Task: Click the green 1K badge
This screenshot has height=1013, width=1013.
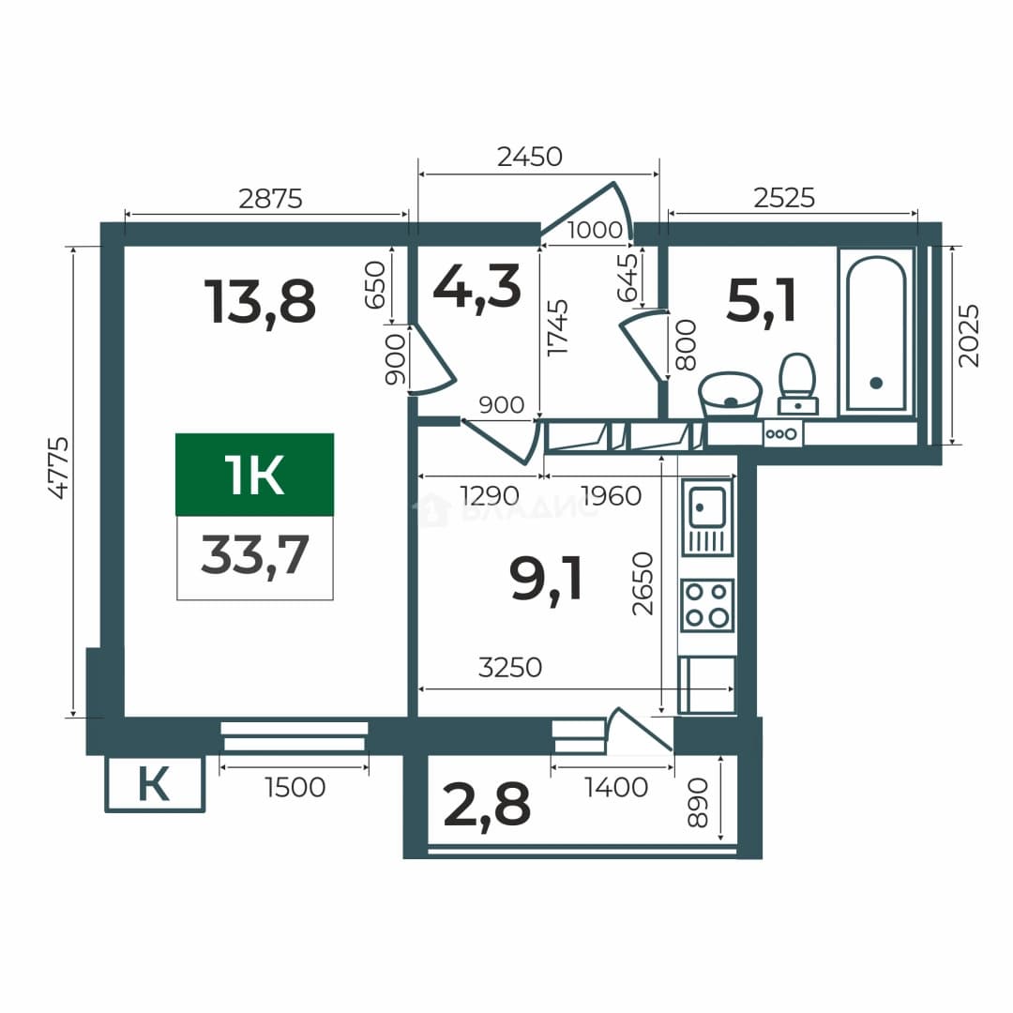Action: (254, 475)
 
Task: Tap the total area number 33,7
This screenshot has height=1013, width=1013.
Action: (254, 555)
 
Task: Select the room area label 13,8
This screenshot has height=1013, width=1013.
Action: (260, 302)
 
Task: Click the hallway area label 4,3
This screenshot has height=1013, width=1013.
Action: (476, 288)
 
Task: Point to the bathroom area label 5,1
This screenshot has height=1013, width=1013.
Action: (761, 300)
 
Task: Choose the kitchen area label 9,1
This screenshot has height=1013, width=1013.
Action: (546, 580)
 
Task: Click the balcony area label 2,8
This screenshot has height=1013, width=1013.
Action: (487, 805)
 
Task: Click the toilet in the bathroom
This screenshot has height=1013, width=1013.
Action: (798, 384)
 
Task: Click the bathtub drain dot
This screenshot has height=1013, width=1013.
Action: (876, 383)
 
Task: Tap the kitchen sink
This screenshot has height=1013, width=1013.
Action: (707, 517)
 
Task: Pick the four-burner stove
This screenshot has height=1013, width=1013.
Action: (707, 605)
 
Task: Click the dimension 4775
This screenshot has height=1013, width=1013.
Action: (59, 468)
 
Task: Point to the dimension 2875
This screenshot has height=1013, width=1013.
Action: (270, 199)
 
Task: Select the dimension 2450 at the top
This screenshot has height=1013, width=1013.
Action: (530, 157)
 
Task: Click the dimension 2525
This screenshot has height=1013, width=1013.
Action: (784, 198)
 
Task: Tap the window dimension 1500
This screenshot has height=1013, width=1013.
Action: (295, 788)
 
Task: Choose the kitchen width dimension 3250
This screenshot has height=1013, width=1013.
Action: (509, 668)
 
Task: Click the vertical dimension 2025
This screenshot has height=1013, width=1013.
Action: (968, 336)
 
